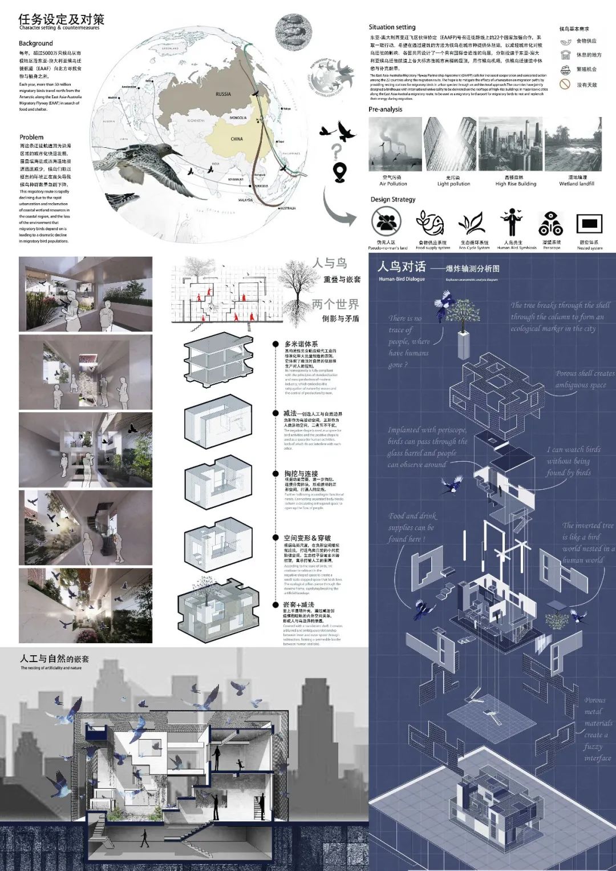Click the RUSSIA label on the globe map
[x=223, y=94]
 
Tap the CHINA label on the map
[x=236, y=139]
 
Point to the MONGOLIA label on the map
[x=238, y=118]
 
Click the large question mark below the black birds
[x=338, y=151]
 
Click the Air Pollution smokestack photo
[x=395, y=145]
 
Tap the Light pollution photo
[x=450, y=145]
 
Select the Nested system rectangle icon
[x=589, y=224]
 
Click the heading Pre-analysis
[x=385, y=109]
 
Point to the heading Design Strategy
[x=393, y=199]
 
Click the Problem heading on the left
[x=31, y=137]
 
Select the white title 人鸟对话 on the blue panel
[x=402, y=267]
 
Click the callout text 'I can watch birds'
[x=573, y=450]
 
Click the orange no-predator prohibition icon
[x=565, y=84]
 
